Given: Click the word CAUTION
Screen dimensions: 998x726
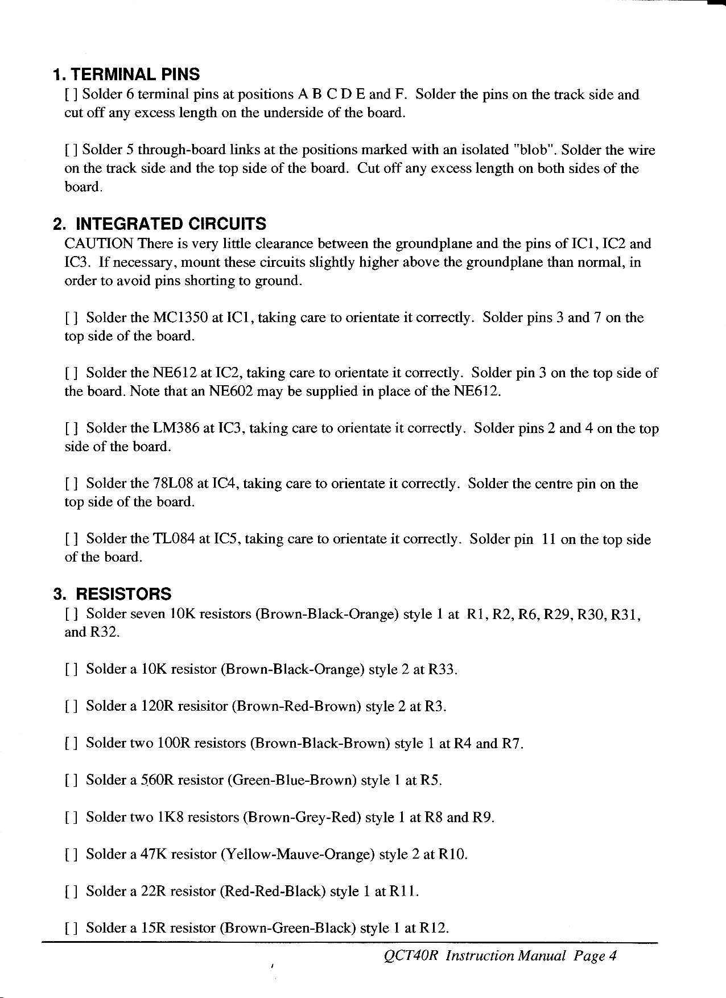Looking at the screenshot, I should coord(100,244).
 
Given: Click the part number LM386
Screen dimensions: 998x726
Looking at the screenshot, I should coord(176,428).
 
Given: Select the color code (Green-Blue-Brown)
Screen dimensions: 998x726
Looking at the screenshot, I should coord(292,781).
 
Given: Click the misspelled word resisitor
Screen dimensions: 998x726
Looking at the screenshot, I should coord(203,707).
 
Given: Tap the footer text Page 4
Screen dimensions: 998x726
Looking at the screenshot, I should coord(595,956).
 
